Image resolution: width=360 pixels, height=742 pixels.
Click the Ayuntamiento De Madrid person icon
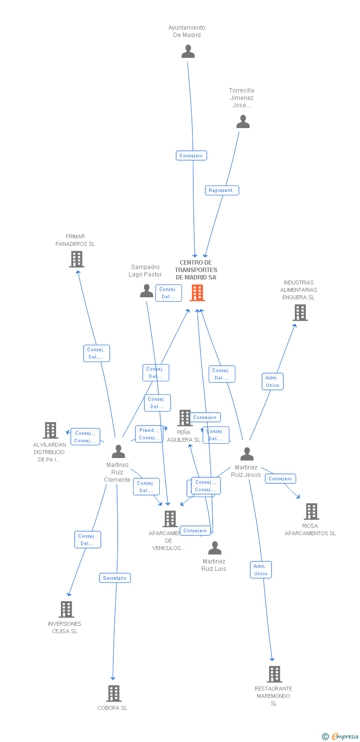tap(188, 51)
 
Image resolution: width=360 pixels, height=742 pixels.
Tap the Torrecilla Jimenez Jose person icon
tap(243, 122)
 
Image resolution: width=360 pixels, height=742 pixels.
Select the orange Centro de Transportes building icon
tap(197, 293)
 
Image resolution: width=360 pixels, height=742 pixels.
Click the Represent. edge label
tap(222, 190)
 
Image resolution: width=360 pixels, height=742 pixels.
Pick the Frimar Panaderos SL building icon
tap(76, 259)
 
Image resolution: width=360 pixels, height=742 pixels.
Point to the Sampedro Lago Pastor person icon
tap(146, 291)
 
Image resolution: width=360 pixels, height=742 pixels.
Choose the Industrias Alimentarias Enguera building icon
tap(300, 313)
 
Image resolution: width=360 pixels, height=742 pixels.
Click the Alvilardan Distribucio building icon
tap(50, 430)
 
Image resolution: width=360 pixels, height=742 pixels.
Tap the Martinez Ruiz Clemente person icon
tap(118, 452)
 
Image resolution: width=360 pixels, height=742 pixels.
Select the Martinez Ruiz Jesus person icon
tap(247, 454)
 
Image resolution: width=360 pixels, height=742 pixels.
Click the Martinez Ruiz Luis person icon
tap(215, 548)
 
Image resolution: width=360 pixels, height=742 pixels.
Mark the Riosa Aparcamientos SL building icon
tap(311, 511)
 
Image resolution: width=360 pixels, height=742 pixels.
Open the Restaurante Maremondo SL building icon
tap(274, 674)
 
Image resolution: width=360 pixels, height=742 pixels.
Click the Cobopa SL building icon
tap(113, 694)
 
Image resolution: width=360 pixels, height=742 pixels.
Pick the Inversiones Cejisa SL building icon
tap(66, 609)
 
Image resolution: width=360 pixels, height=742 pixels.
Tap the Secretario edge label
tap(115, 578)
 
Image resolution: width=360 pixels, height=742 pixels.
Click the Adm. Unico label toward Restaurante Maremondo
tap(261, 570)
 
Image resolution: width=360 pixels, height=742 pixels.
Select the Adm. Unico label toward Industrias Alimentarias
tap(272, 381)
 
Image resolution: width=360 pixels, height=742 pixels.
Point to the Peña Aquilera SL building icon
tap(184, 418)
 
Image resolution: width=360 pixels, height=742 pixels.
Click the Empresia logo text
tap(345, 737)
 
